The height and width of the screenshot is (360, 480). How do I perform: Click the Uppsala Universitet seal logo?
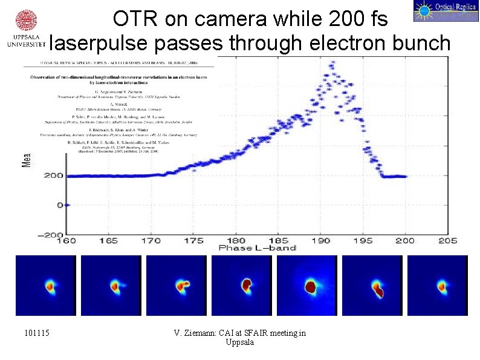click(24, 22)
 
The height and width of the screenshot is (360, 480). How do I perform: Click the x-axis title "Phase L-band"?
click(258, 248)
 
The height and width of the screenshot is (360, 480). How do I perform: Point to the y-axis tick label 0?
click(59, 206)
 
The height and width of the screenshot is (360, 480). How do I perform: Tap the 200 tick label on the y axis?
click(53, 176)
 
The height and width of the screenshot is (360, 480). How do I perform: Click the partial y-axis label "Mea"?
click(26, 159)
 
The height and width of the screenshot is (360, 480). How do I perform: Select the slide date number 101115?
click(37, 333)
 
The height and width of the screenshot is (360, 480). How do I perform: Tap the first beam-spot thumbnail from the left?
click(46, 285)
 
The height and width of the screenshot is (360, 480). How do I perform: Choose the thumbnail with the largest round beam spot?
click(307, 285)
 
